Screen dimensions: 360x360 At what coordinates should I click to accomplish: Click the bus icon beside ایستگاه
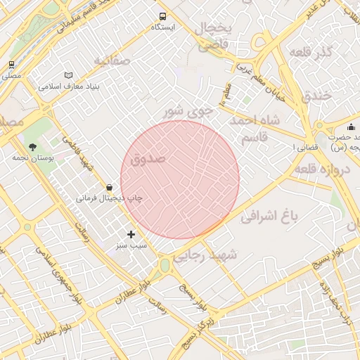[x=163, y=16]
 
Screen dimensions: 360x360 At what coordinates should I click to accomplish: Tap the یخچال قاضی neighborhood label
[x=213, y=37]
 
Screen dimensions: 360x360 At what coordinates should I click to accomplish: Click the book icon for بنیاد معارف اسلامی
[x=68, y=75]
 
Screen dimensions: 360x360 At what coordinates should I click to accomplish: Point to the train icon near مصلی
[x=11, y=65]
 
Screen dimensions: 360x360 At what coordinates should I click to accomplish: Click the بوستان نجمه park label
[x=29, y=157]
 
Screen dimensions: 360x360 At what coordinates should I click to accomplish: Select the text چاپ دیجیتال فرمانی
[x=109, y=198]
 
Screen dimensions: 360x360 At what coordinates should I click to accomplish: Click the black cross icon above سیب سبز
[x=131, y=234]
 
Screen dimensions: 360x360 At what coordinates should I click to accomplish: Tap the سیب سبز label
[x=131, y=247]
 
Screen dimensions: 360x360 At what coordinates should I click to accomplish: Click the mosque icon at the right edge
[x=331, y=126]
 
